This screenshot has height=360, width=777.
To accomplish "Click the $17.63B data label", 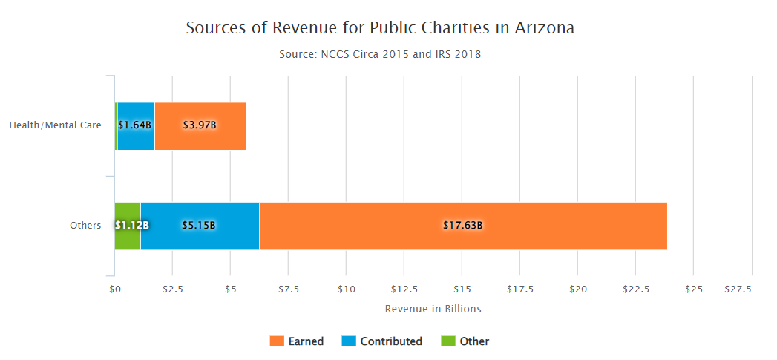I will [463, 226].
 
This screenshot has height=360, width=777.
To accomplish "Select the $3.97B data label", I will [199, 125].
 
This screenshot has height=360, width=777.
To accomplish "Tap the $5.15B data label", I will [199, 226].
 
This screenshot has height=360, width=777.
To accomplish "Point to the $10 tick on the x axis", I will [346, 289].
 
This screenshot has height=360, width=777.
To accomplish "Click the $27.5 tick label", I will [738, 289].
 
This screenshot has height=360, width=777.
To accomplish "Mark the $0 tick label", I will [114, 289].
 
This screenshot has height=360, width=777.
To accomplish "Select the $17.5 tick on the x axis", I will [519, 289].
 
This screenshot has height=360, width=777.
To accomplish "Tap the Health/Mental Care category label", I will [55, 125].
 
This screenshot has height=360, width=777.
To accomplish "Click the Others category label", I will [85, 226].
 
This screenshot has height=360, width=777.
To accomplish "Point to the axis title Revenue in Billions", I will [433, 309].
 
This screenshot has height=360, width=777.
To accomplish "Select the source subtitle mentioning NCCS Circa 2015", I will [381, 54].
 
